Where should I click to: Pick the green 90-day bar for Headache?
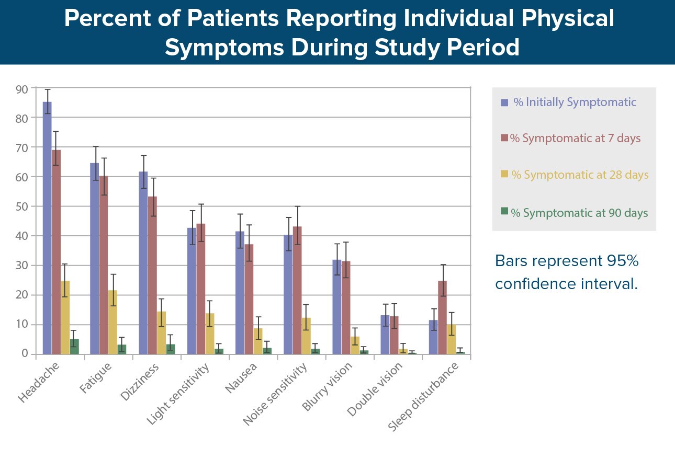74,347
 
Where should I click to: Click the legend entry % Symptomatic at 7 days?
575,138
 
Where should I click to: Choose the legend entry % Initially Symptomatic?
575,102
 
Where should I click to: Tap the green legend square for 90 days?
504,211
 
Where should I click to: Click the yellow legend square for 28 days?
504,174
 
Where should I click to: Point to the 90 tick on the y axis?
22,89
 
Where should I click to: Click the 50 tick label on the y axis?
22,206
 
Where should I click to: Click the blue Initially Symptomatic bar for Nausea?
240,293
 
